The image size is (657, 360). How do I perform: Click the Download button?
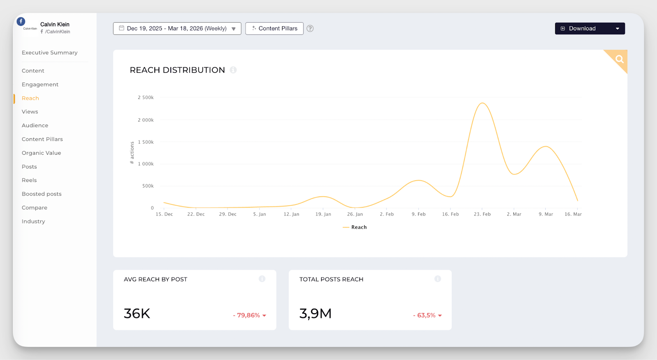(x=589, y=28)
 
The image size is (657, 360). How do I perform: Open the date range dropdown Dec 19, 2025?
(x=177, y=28)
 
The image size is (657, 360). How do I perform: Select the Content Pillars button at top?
(x=274, y=28)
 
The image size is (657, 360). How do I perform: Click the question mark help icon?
(x=310, y=28)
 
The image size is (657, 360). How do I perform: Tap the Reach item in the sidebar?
(x=30, y=98)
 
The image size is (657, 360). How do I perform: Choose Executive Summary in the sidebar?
(x=49, y=53)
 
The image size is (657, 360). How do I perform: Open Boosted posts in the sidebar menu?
(x=41, y=194)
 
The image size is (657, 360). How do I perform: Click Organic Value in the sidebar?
(x=41, y=153)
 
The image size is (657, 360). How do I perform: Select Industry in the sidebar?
(x=33, y=221)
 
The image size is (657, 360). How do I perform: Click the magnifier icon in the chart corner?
(x=619, y=59)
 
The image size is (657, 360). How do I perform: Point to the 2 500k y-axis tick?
(x=146, y=98)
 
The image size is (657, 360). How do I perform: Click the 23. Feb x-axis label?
(x=482, y=214)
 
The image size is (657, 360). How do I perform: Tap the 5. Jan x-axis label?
(x=260, y=214)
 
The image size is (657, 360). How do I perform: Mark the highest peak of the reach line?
(x=482, y=103)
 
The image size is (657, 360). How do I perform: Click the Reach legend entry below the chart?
(x=355, y=227)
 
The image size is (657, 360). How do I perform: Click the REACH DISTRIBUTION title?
(x=177, y=70)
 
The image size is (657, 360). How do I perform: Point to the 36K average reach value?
(x=137, y=314)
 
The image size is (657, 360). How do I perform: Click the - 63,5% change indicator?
(x=427, y=315)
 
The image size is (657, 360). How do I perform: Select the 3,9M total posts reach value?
(x=315, y=314)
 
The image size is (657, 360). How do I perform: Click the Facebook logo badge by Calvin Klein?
(x=21, y=21)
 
